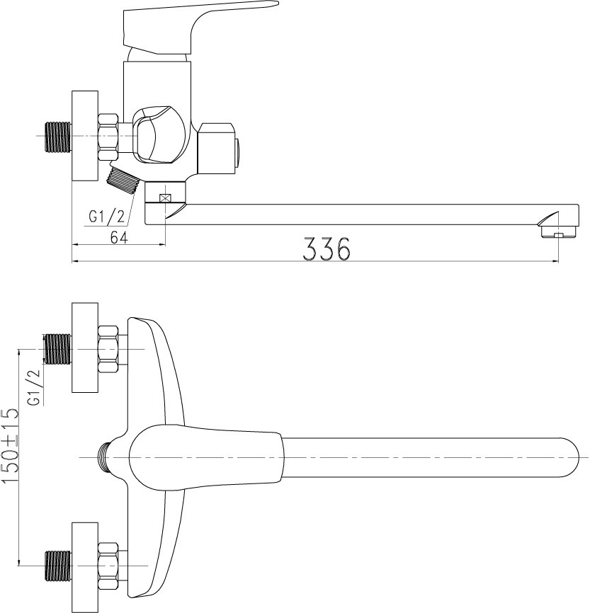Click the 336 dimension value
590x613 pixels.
pos(327,248)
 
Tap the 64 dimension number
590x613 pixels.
pos(119,237)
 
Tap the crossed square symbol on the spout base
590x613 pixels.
pos(165,197)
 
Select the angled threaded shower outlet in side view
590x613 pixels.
pos(123,178)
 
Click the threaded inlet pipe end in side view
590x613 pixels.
pos(59,137)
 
